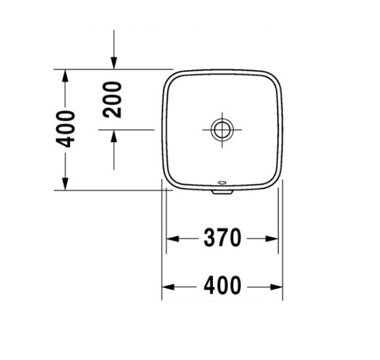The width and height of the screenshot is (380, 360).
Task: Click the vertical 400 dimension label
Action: click(66, 129)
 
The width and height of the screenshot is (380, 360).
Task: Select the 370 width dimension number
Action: click(223, 238)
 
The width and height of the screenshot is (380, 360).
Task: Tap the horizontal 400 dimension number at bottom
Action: click(223, 286)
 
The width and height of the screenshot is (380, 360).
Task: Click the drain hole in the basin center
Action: click(223, 129)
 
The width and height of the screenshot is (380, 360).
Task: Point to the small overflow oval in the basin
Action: click(223, 183)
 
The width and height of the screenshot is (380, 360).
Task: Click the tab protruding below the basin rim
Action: click(223, 192)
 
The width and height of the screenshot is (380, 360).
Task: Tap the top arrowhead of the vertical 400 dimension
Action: click(66, 75)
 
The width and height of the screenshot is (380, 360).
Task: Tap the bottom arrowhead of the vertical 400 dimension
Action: click(66, 184)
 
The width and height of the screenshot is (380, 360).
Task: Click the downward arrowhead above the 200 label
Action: click(114, 62)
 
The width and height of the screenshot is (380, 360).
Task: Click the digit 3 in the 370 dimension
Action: click(209, 238)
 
